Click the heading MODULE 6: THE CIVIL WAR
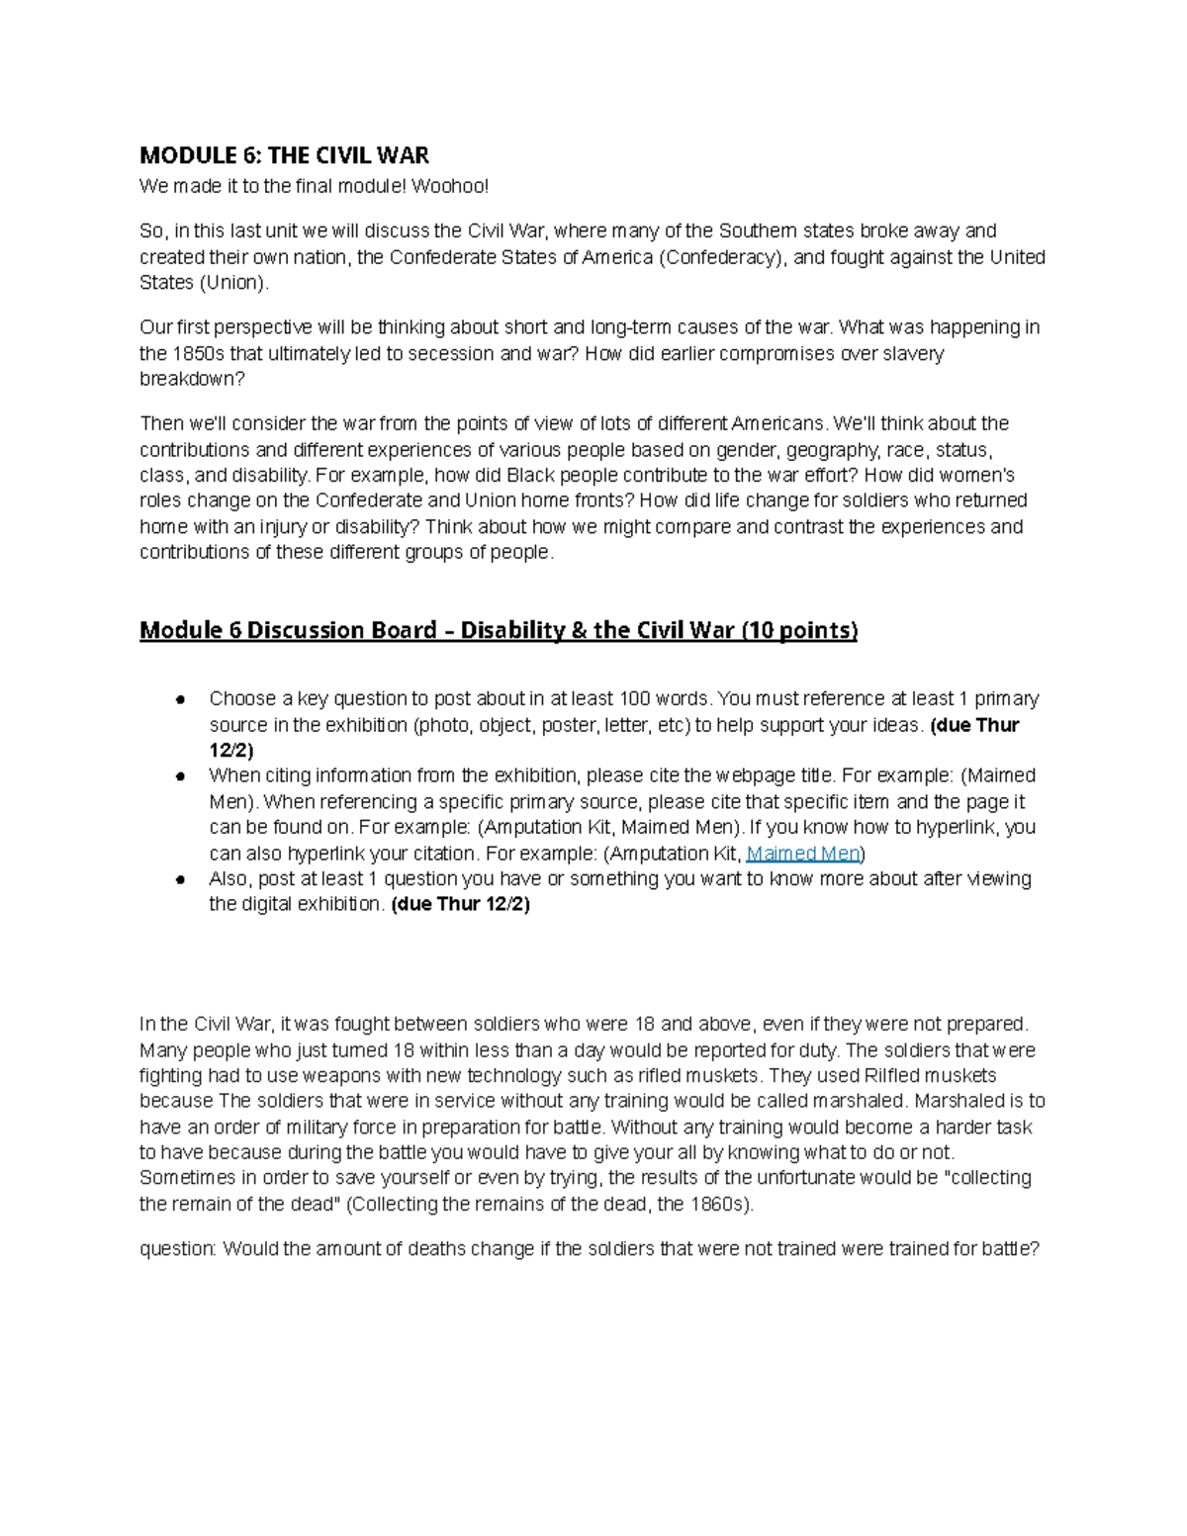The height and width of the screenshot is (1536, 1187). click(x=284, y=155)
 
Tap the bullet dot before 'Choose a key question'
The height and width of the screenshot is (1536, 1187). click(x=181, y=699)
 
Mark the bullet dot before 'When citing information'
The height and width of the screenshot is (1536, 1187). click(x=181, y=776)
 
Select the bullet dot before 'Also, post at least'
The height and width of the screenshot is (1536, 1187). click(x=181, y=879)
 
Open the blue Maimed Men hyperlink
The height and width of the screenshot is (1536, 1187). click(x=803, y=854)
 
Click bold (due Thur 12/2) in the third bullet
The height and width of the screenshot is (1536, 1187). click(x=461, y=904)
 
